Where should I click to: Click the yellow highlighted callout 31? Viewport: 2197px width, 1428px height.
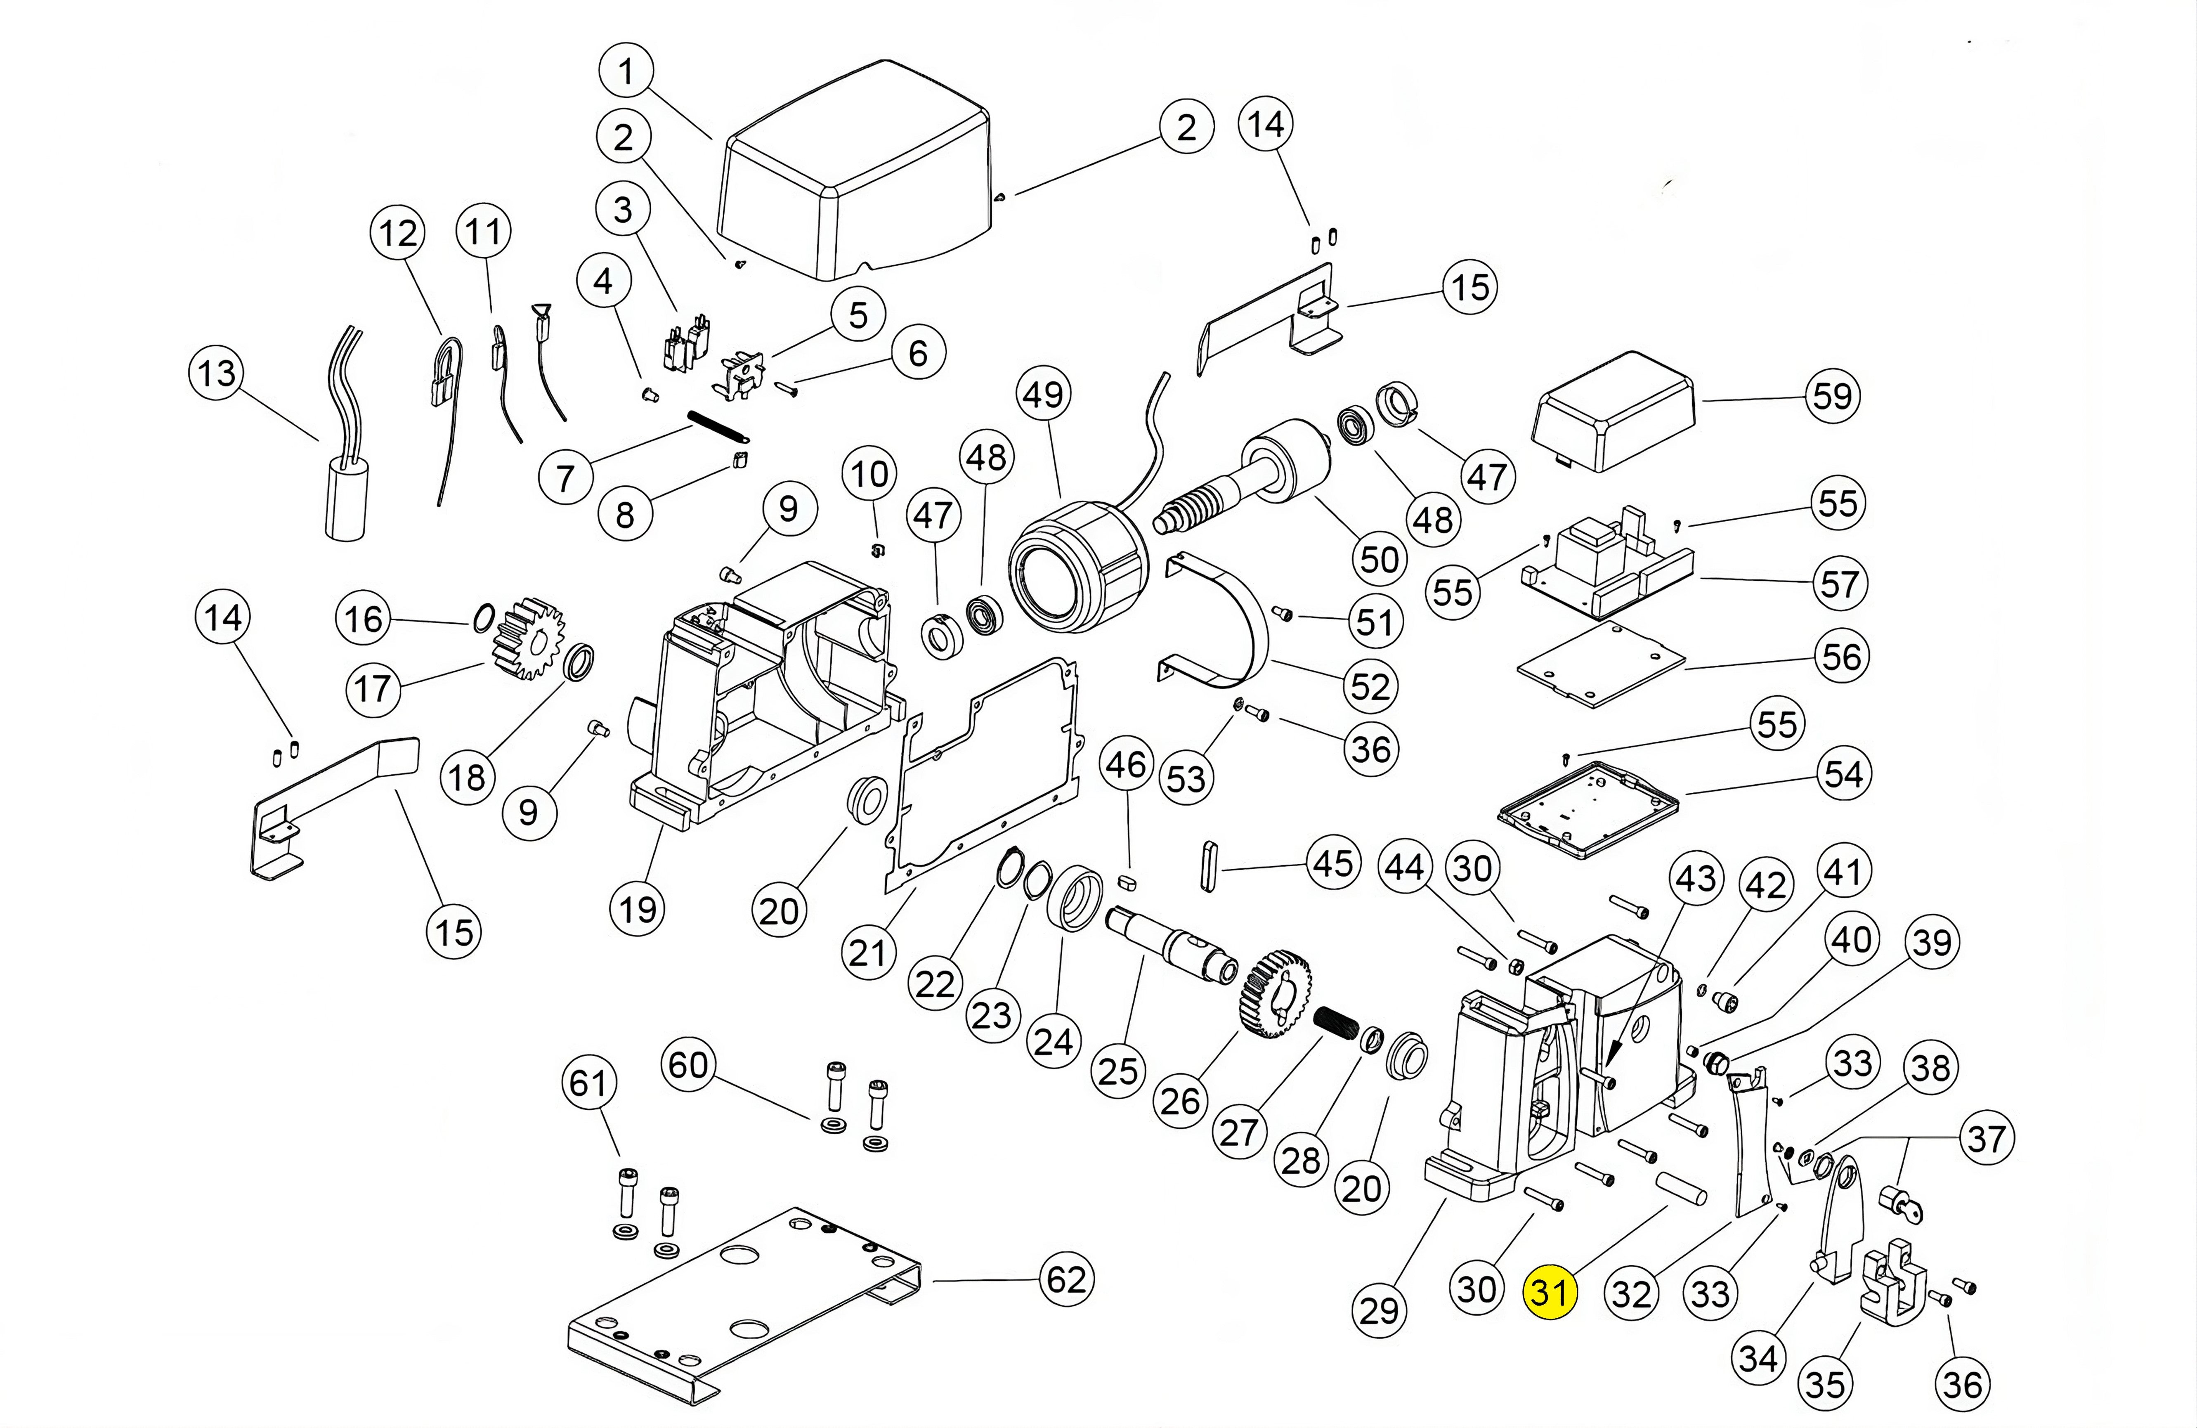pyautogui.click(x=1550, y=1292)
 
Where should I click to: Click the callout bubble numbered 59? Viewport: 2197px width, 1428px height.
pyautogui.click(x=1832, y=396)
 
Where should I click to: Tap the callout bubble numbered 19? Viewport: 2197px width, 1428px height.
pyautogui.click(x=638, y=909)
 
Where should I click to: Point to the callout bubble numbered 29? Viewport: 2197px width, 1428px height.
pyautogui.click(x=1379, y=1309)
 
